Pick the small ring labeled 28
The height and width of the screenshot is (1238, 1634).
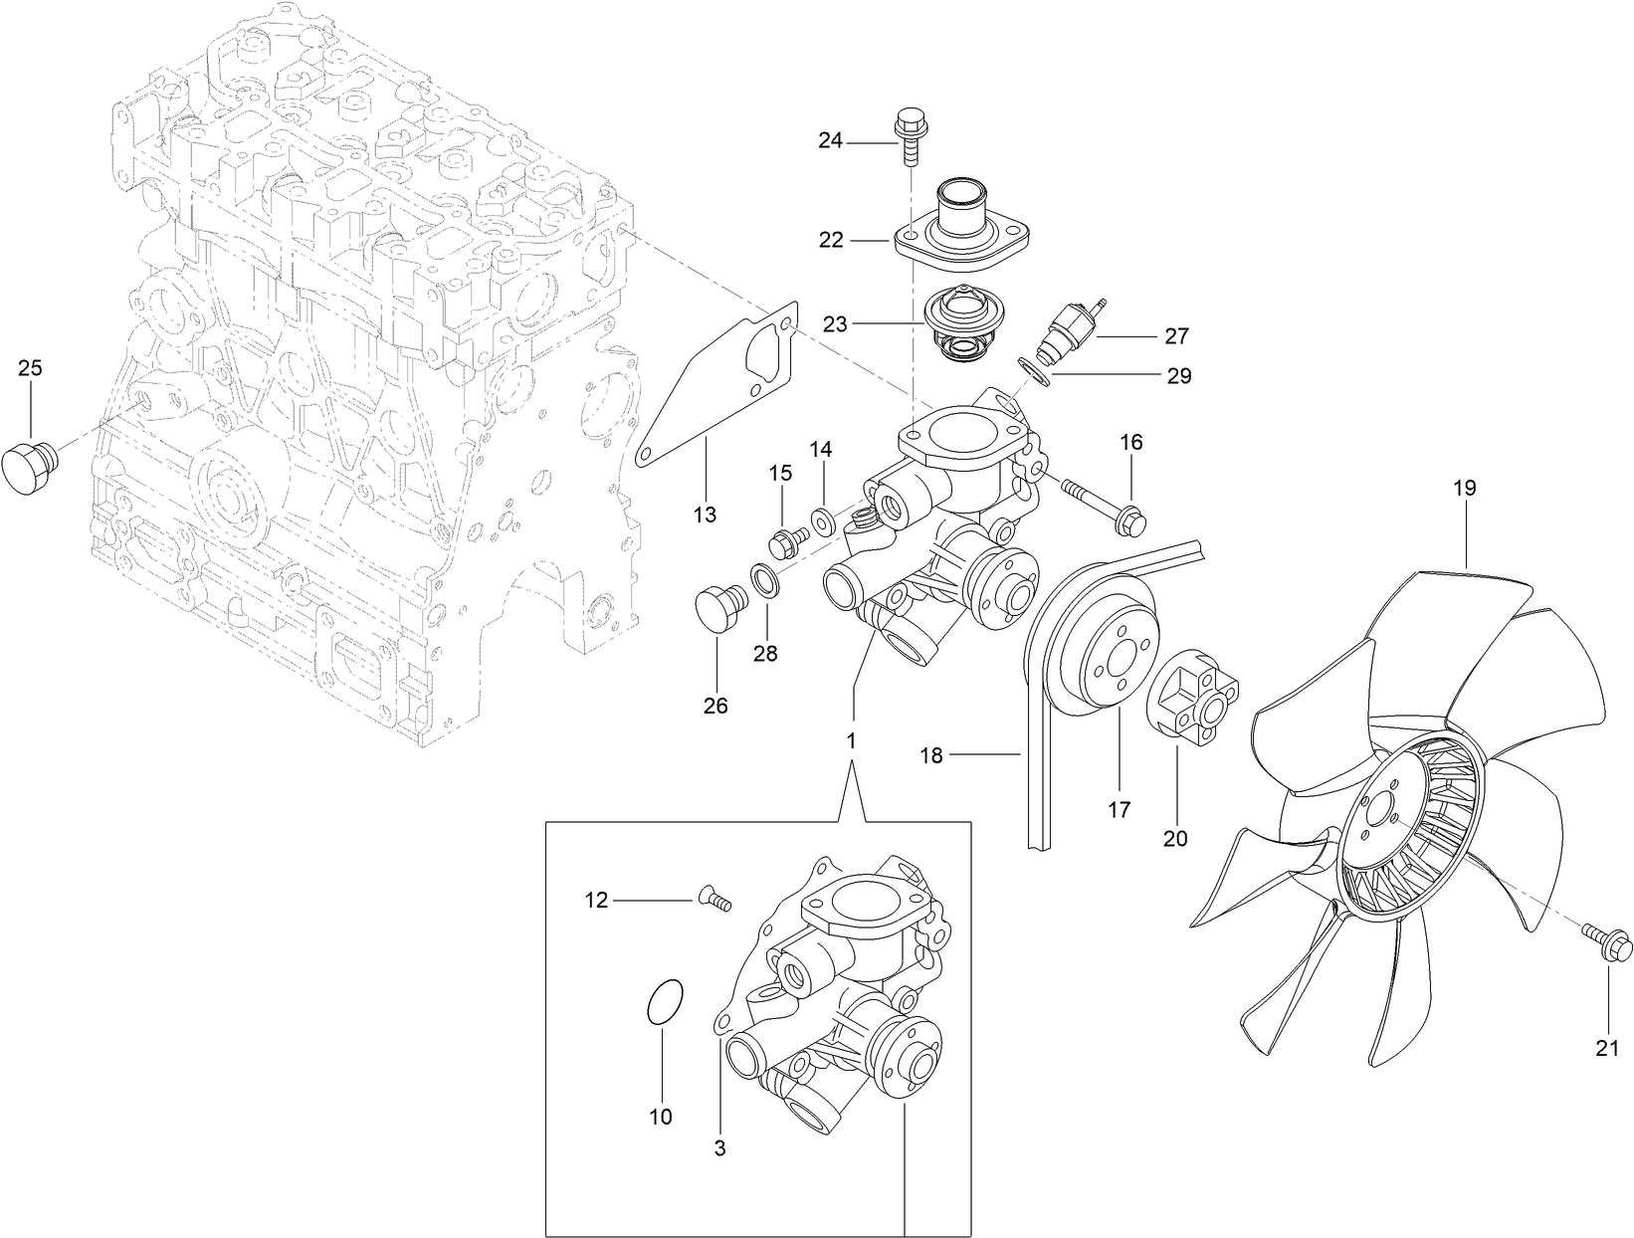point(764,581)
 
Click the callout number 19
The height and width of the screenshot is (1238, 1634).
point(1464,489)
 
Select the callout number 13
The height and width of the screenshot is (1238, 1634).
point(705,515)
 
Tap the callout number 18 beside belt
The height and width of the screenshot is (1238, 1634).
point(930,756)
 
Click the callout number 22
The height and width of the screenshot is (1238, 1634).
point(830,240)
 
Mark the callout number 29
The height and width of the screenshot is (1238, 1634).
point(1178,375)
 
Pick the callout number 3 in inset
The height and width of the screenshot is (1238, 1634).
point(719,1148)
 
